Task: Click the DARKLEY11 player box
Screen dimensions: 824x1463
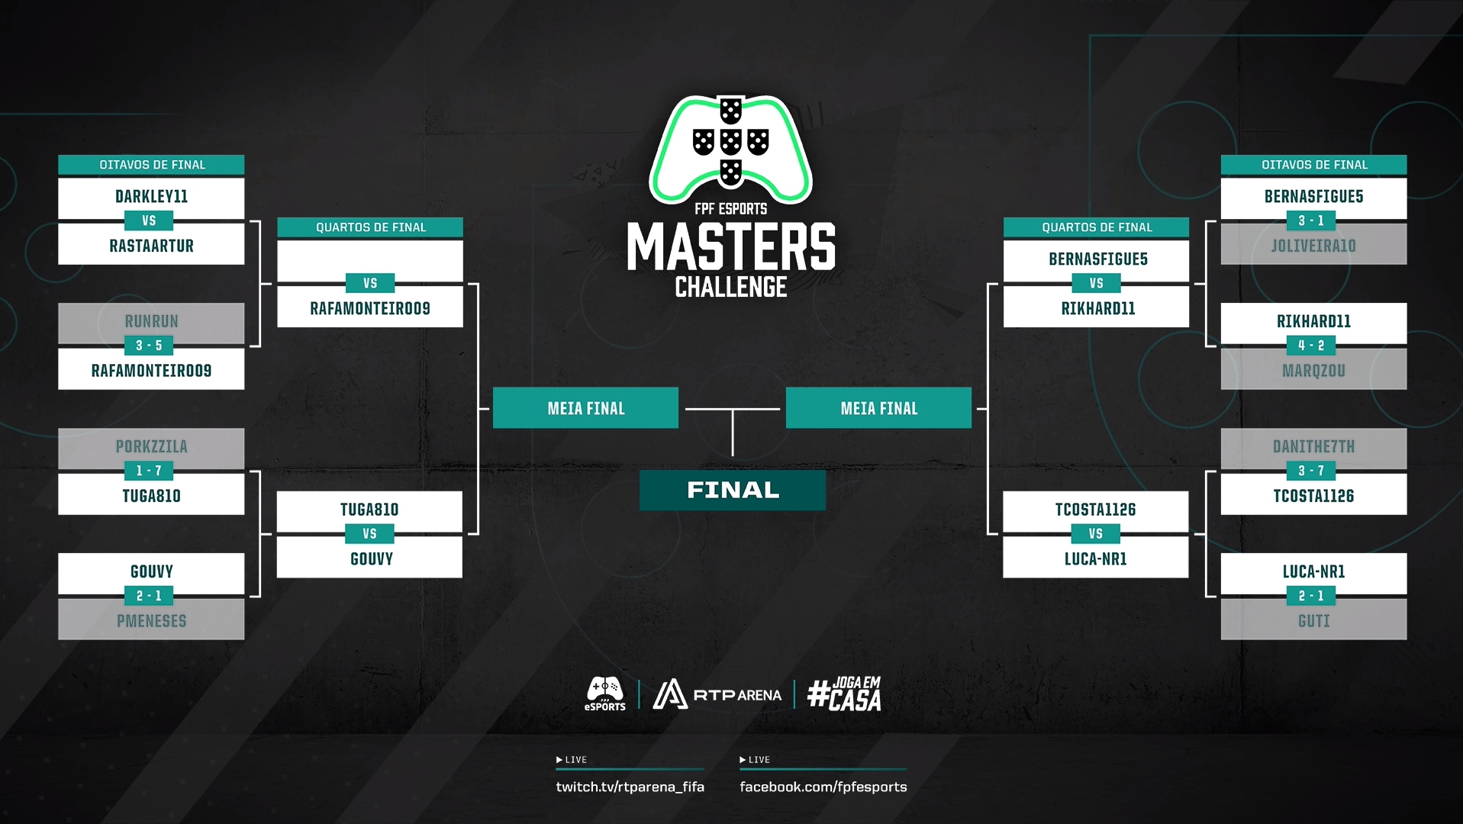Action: point(151,197)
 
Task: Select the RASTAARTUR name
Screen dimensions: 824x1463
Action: point(151,246)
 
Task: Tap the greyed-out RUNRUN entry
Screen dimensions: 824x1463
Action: point(151,322)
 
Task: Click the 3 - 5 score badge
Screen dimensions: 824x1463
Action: point(149,346)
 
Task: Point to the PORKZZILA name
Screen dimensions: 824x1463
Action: point(151,447)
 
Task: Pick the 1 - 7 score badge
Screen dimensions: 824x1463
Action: point(149,471)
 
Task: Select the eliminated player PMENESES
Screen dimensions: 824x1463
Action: point(151,621)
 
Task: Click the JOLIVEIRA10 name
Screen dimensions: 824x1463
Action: point(1313,246)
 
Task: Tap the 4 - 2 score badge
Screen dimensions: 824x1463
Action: point(1311,346)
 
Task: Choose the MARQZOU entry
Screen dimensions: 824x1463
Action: point(1313,372)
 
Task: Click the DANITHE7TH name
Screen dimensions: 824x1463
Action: point(1313,447)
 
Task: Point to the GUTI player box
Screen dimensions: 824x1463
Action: point(1313,621)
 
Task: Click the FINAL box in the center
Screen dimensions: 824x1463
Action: point(733,490)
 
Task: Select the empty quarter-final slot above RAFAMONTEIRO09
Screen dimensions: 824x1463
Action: point(370,259)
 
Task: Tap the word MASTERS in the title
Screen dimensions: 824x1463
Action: point(731,247)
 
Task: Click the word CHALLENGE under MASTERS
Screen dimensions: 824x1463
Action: point(731,288)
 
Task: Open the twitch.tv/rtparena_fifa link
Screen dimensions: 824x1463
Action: point(630,787)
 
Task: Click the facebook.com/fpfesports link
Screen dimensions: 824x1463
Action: point(823,787)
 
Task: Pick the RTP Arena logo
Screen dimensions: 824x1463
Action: point(717,694)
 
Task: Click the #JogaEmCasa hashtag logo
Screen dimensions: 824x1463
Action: point(844,694)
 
